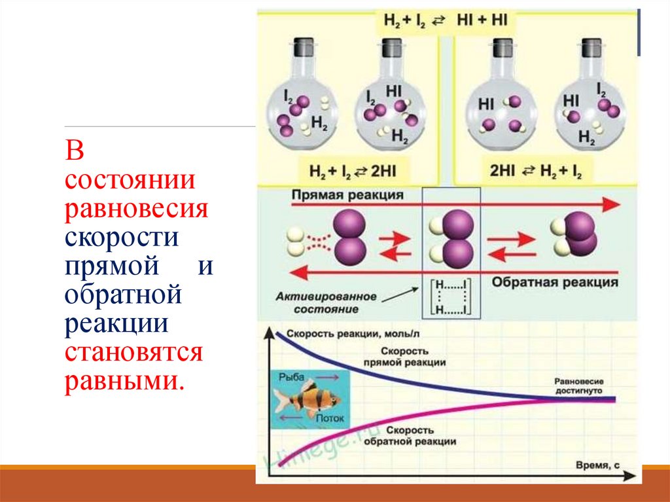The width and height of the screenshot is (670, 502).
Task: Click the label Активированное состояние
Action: [x=334, y=302]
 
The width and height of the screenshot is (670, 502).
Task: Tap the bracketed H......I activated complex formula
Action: [x=450, y=298]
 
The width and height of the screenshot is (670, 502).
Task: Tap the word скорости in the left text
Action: [x=122, y=236]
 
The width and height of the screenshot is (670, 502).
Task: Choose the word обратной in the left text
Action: [x=122, y=295]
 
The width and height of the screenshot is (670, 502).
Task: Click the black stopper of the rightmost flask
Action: [x=591, y=48]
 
